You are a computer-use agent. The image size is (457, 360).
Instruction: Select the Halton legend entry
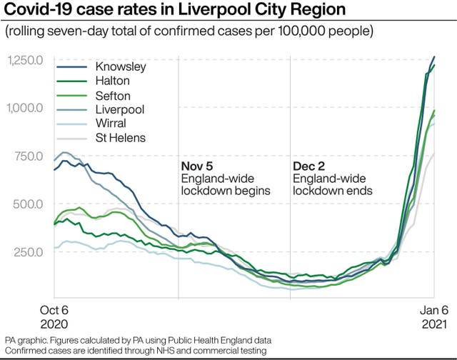[113, 81]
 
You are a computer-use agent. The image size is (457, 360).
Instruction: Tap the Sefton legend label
[113, 95]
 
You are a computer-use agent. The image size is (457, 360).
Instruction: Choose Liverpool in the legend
[119, 109]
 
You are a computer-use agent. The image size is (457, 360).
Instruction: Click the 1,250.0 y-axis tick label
[26, 60]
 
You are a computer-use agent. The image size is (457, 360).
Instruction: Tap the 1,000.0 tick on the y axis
[26, 108]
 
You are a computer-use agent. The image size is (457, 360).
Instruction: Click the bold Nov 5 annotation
[197, 166]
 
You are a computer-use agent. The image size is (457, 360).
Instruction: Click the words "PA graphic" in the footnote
[24, 339]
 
